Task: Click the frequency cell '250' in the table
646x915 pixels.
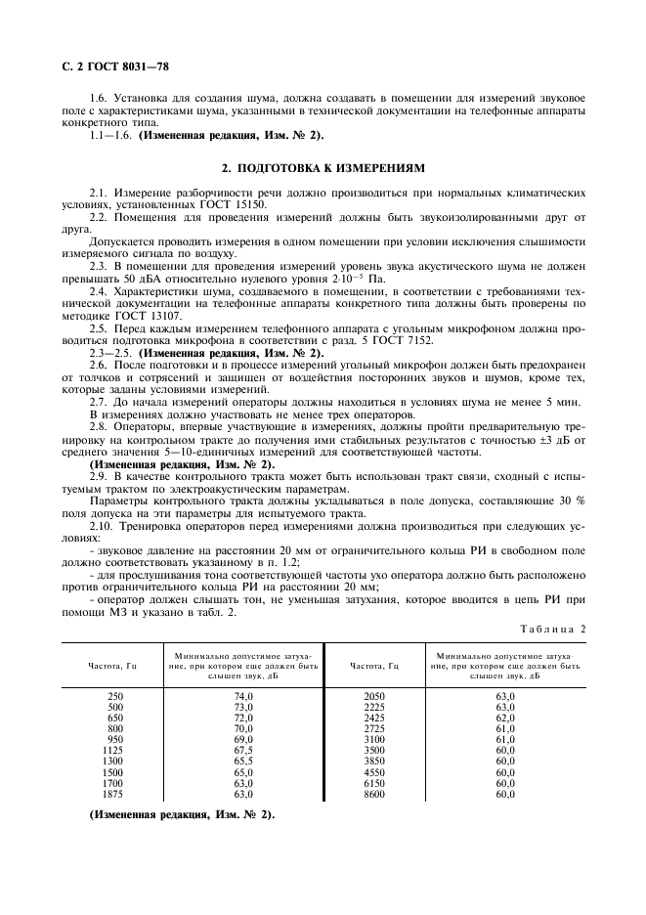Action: point(114,695)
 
